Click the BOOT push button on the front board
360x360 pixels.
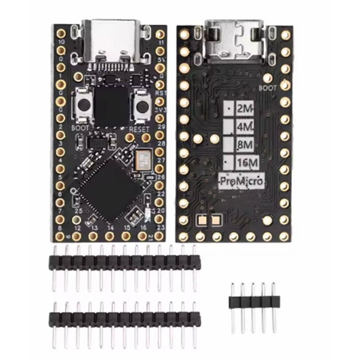point(83,106)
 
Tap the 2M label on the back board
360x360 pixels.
point(245,108)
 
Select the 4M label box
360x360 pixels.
point(245,127)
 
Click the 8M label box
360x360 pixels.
point(245,145)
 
